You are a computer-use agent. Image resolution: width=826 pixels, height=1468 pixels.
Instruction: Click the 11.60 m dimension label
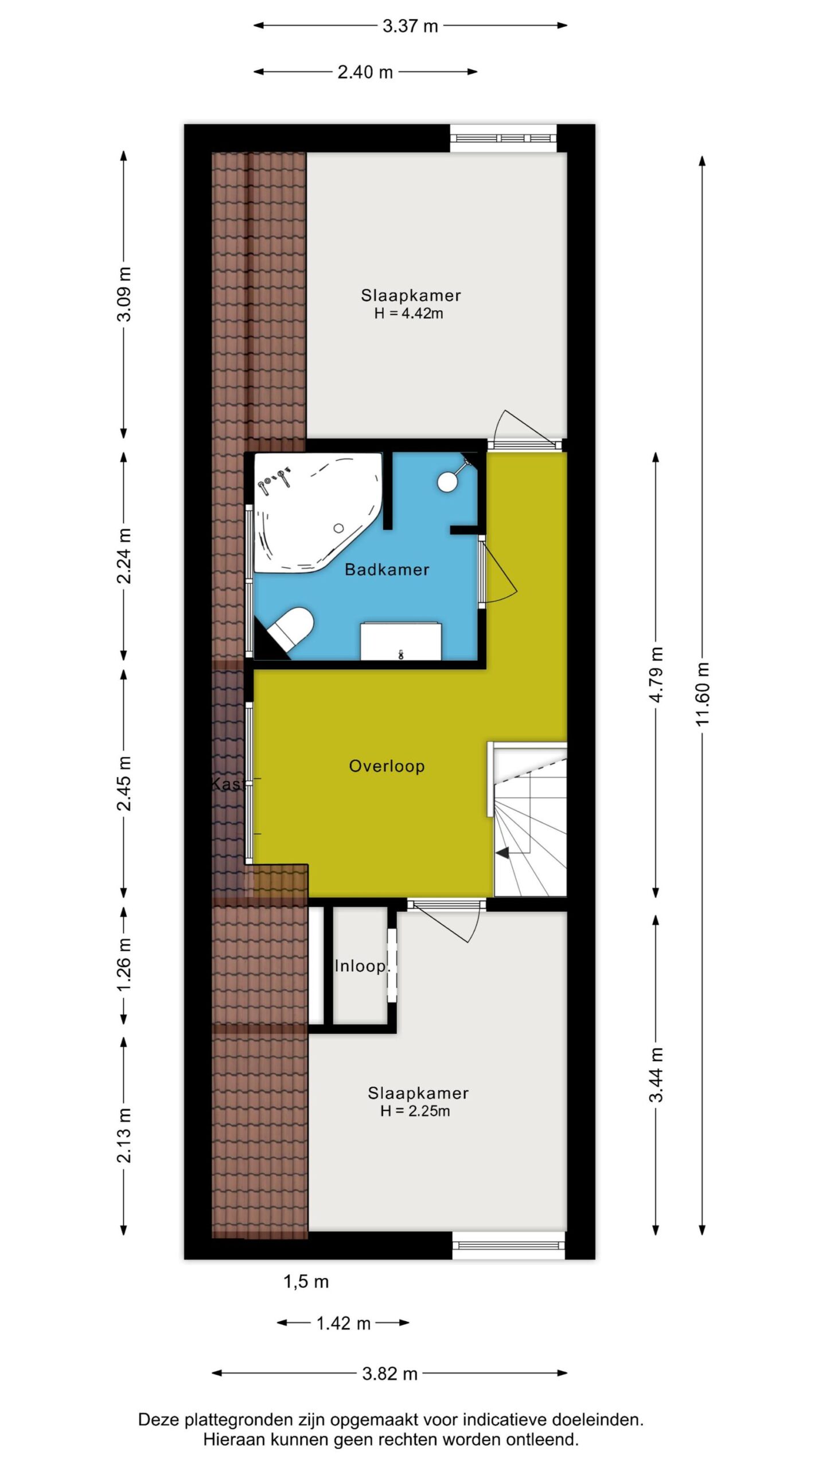click(703, 694)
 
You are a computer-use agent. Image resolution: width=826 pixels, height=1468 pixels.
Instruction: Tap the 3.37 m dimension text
click(410, 26)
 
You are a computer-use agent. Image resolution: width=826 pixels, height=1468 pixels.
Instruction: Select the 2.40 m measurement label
click(365, 72)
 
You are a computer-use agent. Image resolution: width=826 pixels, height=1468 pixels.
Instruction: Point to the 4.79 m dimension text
click(656, 674)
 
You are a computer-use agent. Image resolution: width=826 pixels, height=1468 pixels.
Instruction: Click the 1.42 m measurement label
click(344, 1323)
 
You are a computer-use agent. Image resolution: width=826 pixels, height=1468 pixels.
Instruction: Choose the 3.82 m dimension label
click(389, 1374)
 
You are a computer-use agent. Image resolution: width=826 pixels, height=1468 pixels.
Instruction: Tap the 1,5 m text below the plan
click(306, 1282)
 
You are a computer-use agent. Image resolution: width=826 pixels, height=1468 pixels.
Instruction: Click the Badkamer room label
click(387, 569)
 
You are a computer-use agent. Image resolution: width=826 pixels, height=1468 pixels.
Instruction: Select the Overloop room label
click(387, 766)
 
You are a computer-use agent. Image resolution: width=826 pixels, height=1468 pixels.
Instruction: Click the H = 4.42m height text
click(409, 314)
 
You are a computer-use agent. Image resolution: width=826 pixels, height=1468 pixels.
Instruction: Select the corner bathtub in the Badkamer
click(317, 512)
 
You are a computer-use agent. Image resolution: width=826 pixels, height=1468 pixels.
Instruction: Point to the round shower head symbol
click(447, 481)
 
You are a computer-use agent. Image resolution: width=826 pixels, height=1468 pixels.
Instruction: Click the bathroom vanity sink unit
click(401, 641)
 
